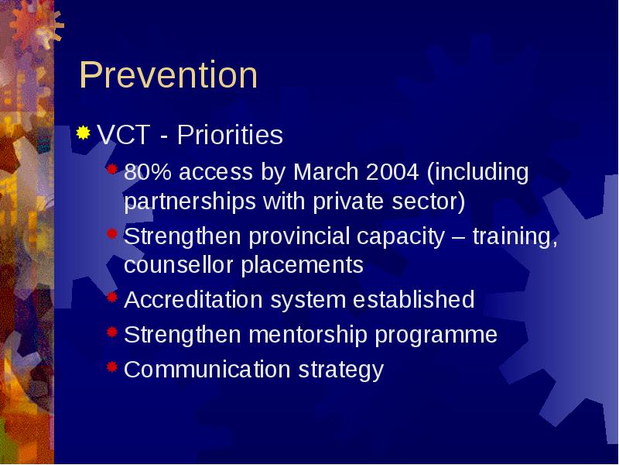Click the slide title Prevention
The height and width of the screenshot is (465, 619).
click(169, 74)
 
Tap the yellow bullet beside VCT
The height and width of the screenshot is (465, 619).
click(83, 133)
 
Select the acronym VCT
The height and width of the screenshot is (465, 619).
click(124, 135)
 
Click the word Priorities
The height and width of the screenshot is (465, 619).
click(230, 135)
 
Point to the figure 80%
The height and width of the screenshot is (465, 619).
click(148, 172)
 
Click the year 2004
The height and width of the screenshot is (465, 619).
click(392, 172)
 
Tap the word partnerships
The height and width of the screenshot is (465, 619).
click(190, 201)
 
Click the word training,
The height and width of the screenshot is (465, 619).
click(515, 236)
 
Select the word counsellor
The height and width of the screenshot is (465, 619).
click(179, 265)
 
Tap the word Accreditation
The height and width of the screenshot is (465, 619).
click(193, 299)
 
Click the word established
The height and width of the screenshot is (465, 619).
click(413, 299)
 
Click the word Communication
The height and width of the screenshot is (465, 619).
click(207, 369)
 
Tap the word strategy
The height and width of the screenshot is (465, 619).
click(341, 370)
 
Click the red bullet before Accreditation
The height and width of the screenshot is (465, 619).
click(112, 297)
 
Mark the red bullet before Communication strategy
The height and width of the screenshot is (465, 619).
click(112, 367)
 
